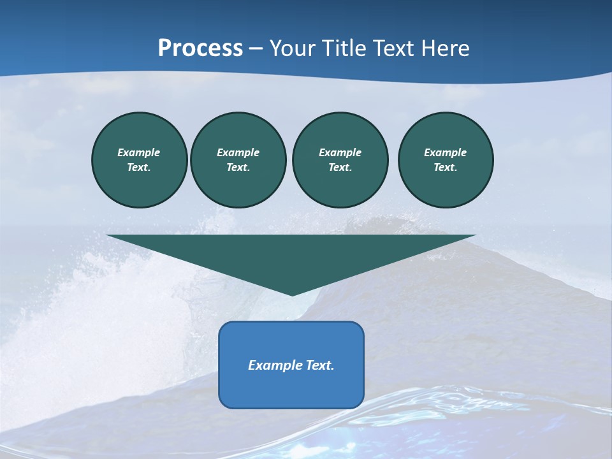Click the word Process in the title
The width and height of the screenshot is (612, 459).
200,48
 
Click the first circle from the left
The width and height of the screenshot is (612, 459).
140,160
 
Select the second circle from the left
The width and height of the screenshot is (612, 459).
238,160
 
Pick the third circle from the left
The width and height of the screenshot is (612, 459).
340,160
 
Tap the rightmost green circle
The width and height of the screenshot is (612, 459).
446,160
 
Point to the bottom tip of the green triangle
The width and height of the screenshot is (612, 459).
292,295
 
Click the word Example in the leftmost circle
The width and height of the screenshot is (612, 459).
139,152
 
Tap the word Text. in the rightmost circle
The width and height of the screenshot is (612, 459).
446,168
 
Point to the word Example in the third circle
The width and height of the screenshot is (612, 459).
340,152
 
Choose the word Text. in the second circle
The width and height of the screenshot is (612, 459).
238,168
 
